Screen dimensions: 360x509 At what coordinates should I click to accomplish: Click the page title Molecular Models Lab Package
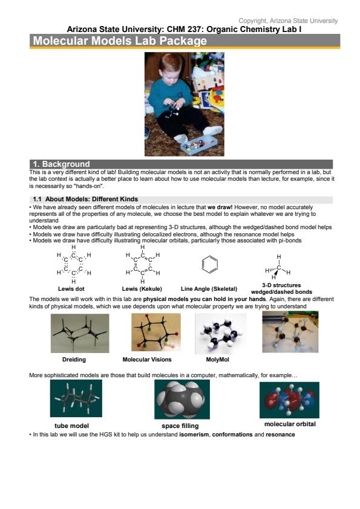(x=120, y=41)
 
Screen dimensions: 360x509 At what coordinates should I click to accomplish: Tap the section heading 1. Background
(x=61, y=164)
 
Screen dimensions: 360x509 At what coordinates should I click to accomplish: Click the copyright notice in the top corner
(x=288, y=21)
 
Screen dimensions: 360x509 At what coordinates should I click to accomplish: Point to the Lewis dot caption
(x=71, y=288)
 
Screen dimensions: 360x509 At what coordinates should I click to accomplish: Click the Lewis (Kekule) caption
(x=142, y=288)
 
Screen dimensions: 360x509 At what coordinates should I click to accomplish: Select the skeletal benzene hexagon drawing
(x=210, y=264)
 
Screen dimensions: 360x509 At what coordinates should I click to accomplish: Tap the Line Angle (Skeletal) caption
(x=209, y=288)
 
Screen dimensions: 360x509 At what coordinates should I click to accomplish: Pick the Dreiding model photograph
(x=80, y=333)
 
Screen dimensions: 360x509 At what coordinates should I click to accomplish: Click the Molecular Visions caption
(x=147, y=359)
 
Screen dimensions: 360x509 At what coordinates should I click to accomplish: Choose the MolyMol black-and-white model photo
(x=221, y=333)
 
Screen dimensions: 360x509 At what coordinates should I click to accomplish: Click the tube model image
(x=76, y=398)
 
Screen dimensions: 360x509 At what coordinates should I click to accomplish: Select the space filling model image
(x=182, y=399)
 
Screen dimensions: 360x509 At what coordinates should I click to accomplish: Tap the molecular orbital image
(x=289, y=400)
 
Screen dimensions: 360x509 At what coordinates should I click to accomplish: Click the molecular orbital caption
(x=290, y=424)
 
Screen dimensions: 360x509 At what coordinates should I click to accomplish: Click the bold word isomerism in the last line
(x=195, y=434)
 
